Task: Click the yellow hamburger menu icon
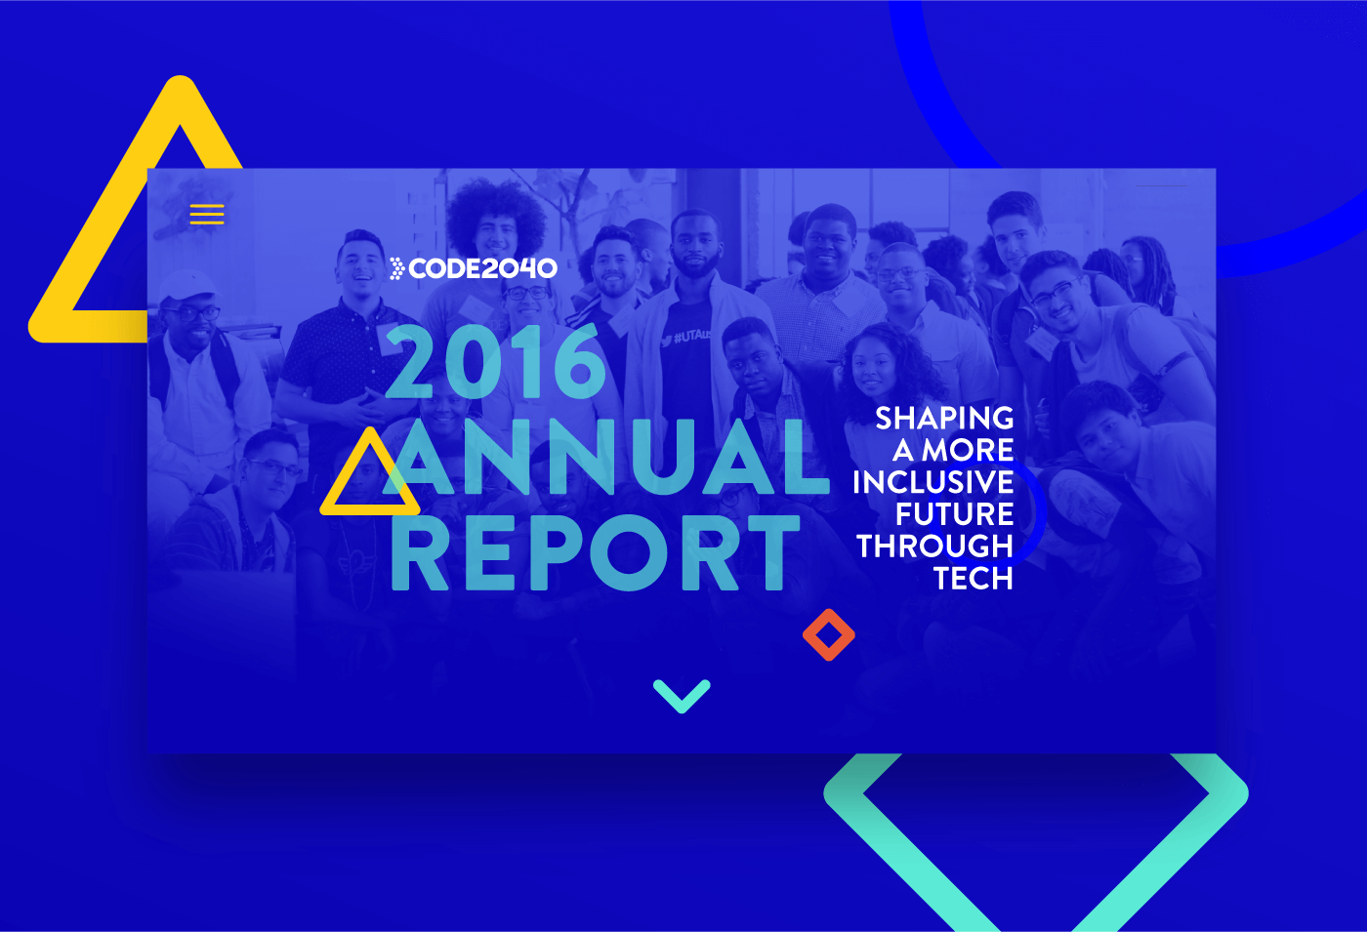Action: tap(207, 214)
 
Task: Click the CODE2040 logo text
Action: tap(482, 268)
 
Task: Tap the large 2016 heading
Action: tap(496, 362)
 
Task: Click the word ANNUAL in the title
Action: tap(606, 457)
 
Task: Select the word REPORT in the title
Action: tap(595, 552)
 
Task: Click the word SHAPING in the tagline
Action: tap(945, 419)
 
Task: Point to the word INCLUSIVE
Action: tap(933, 482)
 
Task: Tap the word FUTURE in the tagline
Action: tap(955, 513)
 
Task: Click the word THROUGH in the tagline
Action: tap(935, 546)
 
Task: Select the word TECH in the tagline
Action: tap(973, 578)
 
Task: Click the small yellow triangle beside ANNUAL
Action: tap(370, 508)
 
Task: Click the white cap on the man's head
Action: tap(186, 283)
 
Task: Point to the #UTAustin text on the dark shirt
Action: tap(692, 336)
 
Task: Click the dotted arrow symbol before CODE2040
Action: tap(396, 268)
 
